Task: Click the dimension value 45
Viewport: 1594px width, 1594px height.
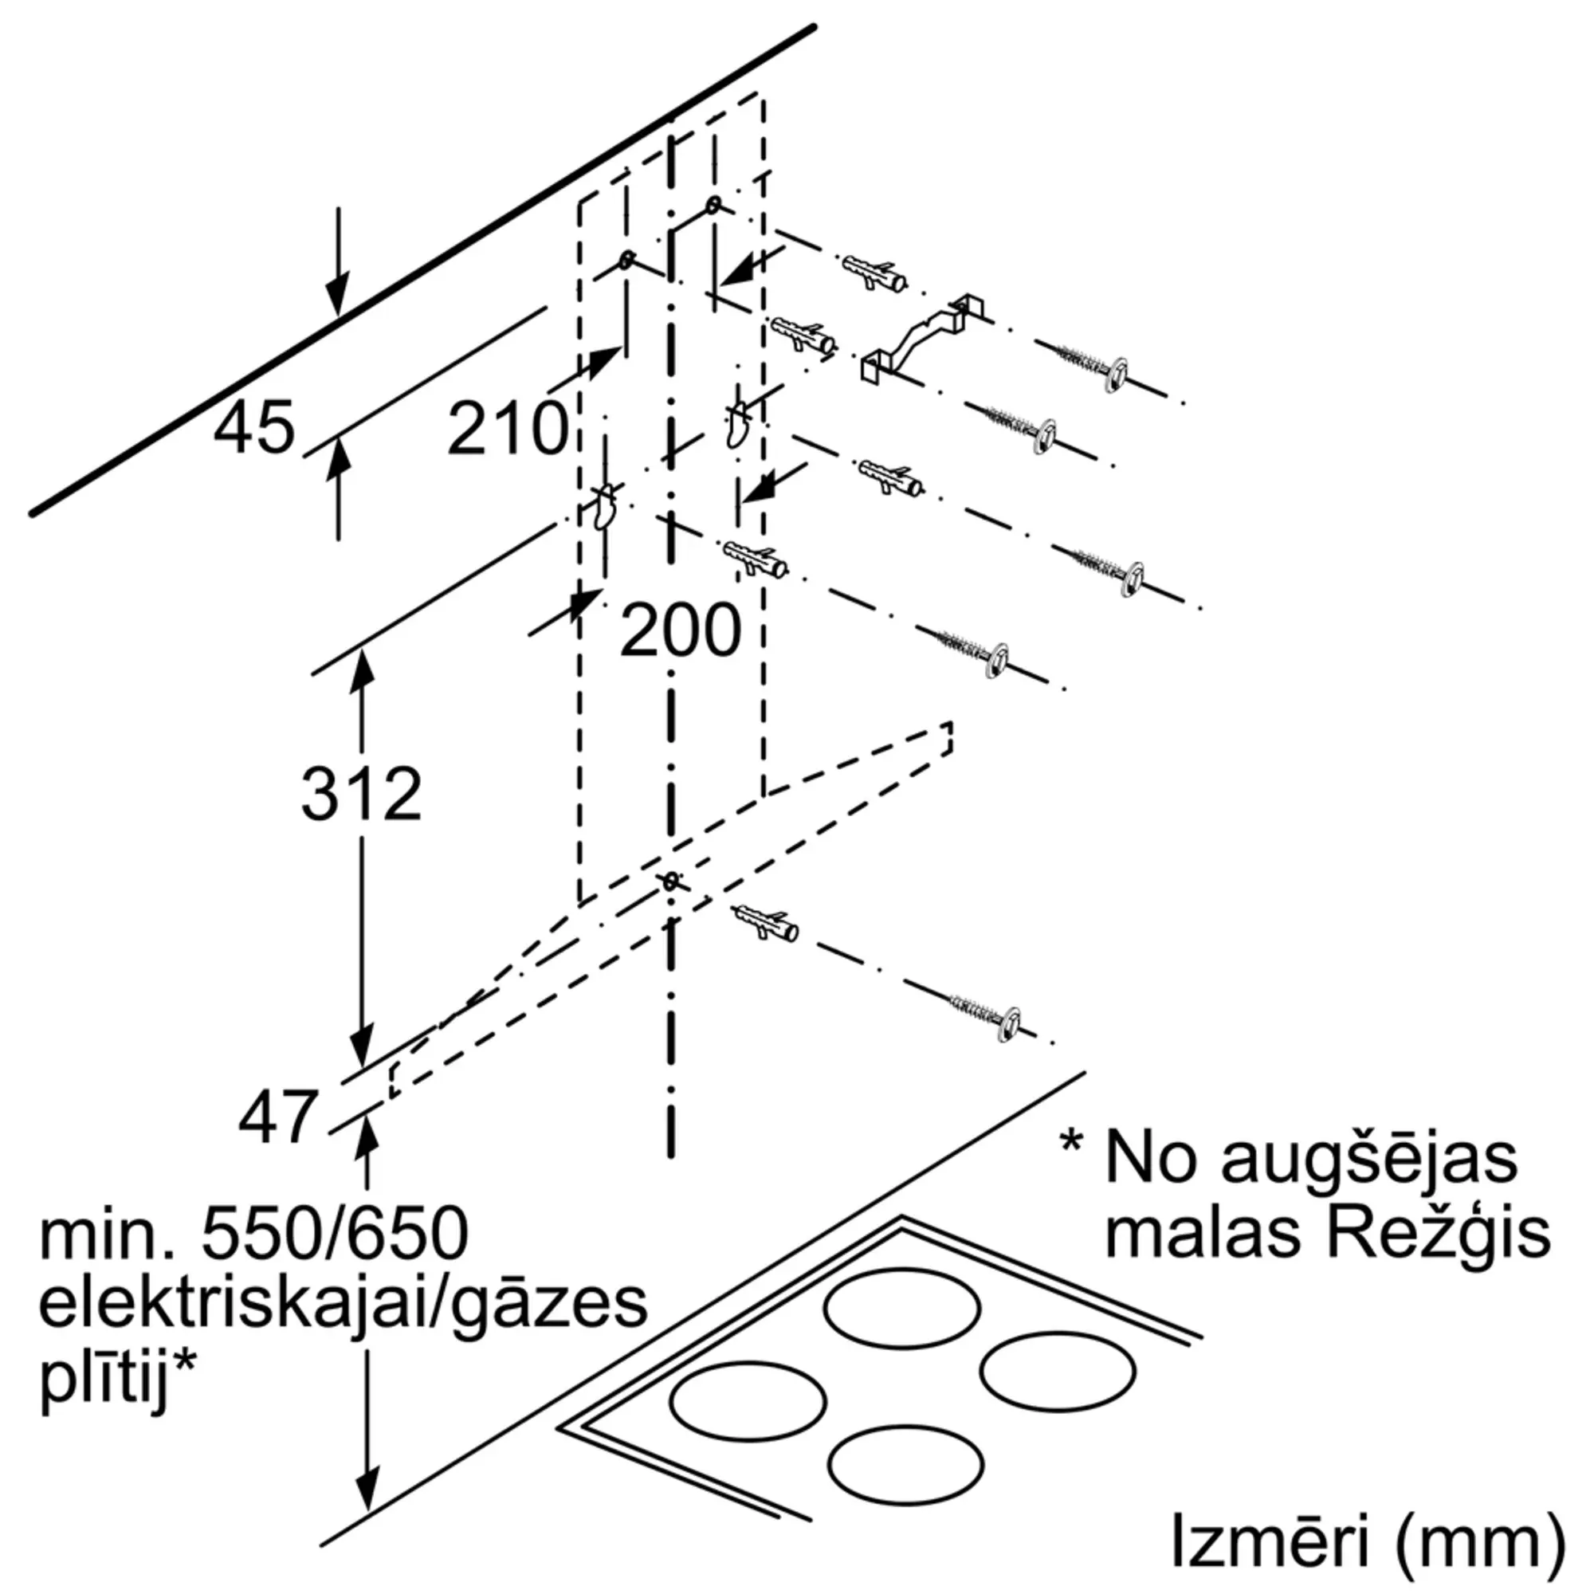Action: [253, 428]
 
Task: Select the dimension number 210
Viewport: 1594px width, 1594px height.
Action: [508, 428]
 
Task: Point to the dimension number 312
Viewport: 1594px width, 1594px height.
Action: [360, 794]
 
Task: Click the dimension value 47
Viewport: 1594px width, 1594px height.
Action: [277, 1118]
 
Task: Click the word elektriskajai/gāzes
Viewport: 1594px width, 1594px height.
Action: [344, 1305]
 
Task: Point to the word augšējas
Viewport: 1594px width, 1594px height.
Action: [1368, 1159]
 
